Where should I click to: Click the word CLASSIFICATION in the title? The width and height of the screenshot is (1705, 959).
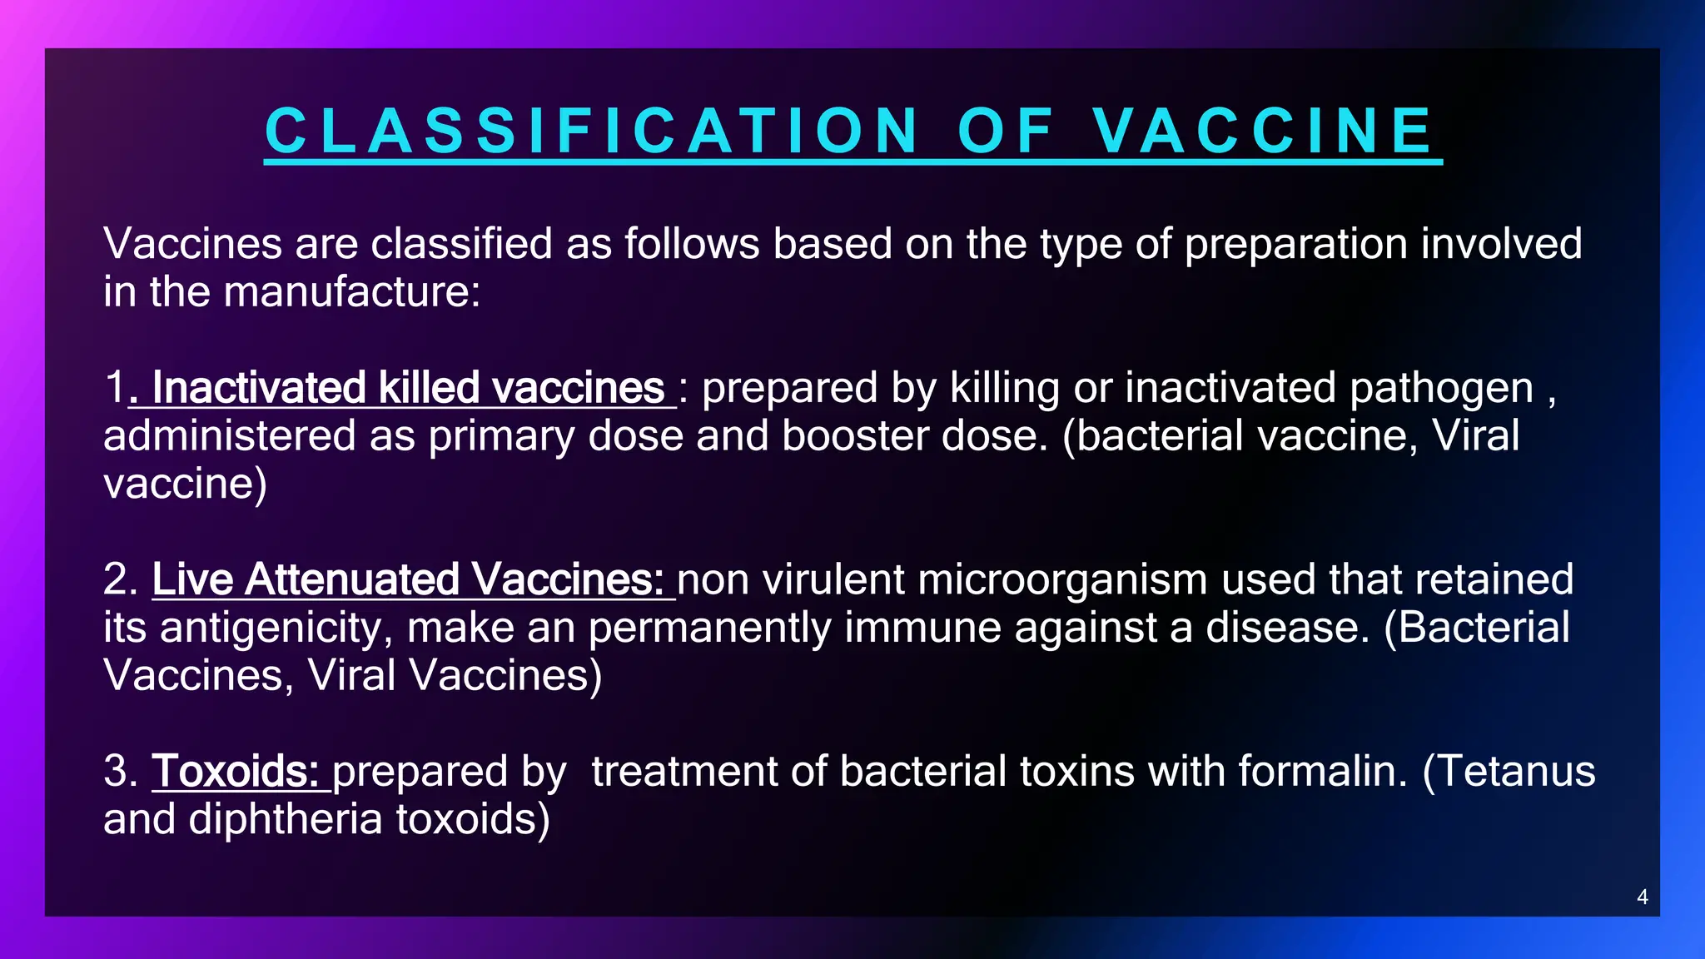591,132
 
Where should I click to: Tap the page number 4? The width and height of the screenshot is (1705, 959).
1642,897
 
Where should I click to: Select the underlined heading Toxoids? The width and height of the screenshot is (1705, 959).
236,771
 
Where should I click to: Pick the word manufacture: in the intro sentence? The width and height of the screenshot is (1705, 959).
351,292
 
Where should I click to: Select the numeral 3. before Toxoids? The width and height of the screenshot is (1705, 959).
121,771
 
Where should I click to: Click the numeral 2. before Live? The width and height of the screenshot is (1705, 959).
121,579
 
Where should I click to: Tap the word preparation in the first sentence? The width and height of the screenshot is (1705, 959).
1295,244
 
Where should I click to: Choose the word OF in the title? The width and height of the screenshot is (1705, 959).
1006,132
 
